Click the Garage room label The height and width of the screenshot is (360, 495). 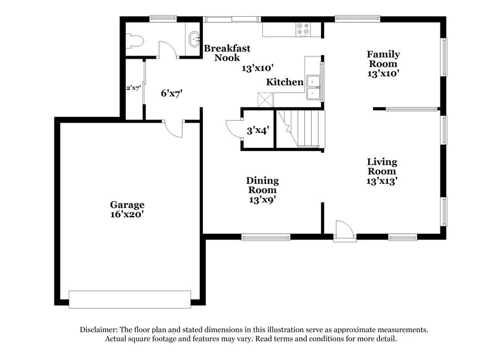point(127,205)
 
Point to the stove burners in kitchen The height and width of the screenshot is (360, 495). point(303,28)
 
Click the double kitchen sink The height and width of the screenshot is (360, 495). point(314,87)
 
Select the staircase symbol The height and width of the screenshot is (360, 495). point(299,128)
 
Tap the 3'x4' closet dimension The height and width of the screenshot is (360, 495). point(257,131)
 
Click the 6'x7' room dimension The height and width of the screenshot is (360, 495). point(171,94)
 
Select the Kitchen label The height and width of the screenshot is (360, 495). point(285,82)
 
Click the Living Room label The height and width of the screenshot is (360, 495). point(382,171)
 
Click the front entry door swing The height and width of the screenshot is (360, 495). point(343,229)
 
